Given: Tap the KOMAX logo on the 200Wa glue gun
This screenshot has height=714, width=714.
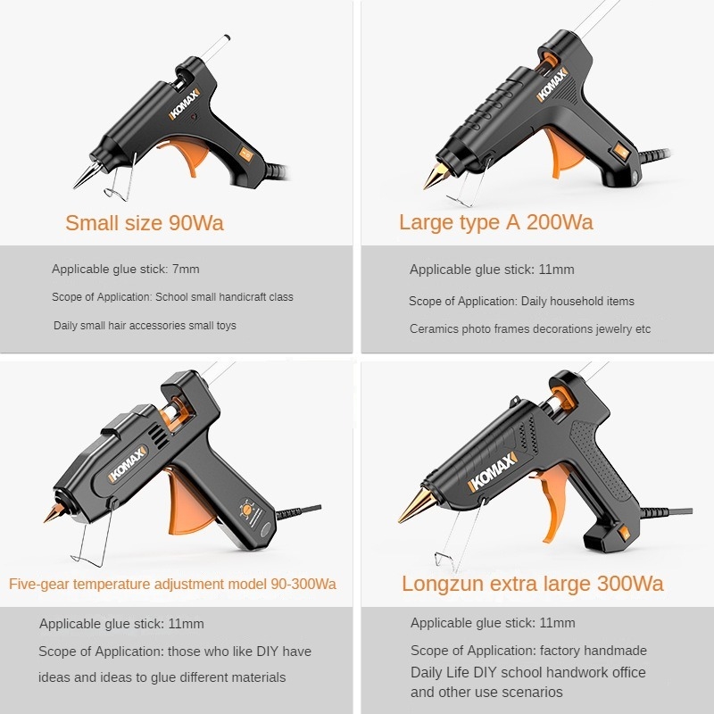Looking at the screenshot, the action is tap(552, 85).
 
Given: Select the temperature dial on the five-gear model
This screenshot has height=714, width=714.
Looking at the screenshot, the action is tap(248, 508).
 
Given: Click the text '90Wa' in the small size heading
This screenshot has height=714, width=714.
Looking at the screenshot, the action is tap(196, 223).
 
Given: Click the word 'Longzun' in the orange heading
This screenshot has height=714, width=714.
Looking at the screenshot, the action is tap(442, 585).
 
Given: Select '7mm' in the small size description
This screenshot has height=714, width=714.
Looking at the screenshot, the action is tap(186, 270).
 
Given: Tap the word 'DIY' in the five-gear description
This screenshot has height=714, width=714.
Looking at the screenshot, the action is tap(267, 652).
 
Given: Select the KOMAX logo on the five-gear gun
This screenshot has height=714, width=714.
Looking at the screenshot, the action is tap(128, 464).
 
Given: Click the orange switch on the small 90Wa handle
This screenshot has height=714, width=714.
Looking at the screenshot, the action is tap(245, 154).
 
